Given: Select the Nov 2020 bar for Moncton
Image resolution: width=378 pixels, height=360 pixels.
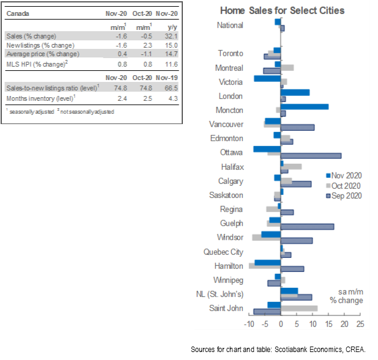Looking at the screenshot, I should [x=304, y=107].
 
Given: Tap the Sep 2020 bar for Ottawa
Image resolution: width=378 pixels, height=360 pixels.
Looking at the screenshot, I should [x=311, y=156].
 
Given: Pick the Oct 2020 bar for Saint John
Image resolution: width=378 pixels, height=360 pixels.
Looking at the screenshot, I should [x=298, y=307].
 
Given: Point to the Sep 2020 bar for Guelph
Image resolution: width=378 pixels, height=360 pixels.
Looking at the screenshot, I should [x=307, y=227].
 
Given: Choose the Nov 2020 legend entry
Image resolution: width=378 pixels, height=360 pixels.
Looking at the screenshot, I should [x=344, y=174].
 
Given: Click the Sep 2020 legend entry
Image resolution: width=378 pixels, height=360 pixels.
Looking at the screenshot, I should [x=344, y=196].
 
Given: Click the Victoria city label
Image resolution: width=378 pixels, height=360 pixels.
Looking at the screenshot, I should [x=231, y=82].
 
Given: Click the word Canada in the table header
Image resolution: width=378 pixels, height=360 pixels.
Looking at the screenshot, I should [x=18, y=13].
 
